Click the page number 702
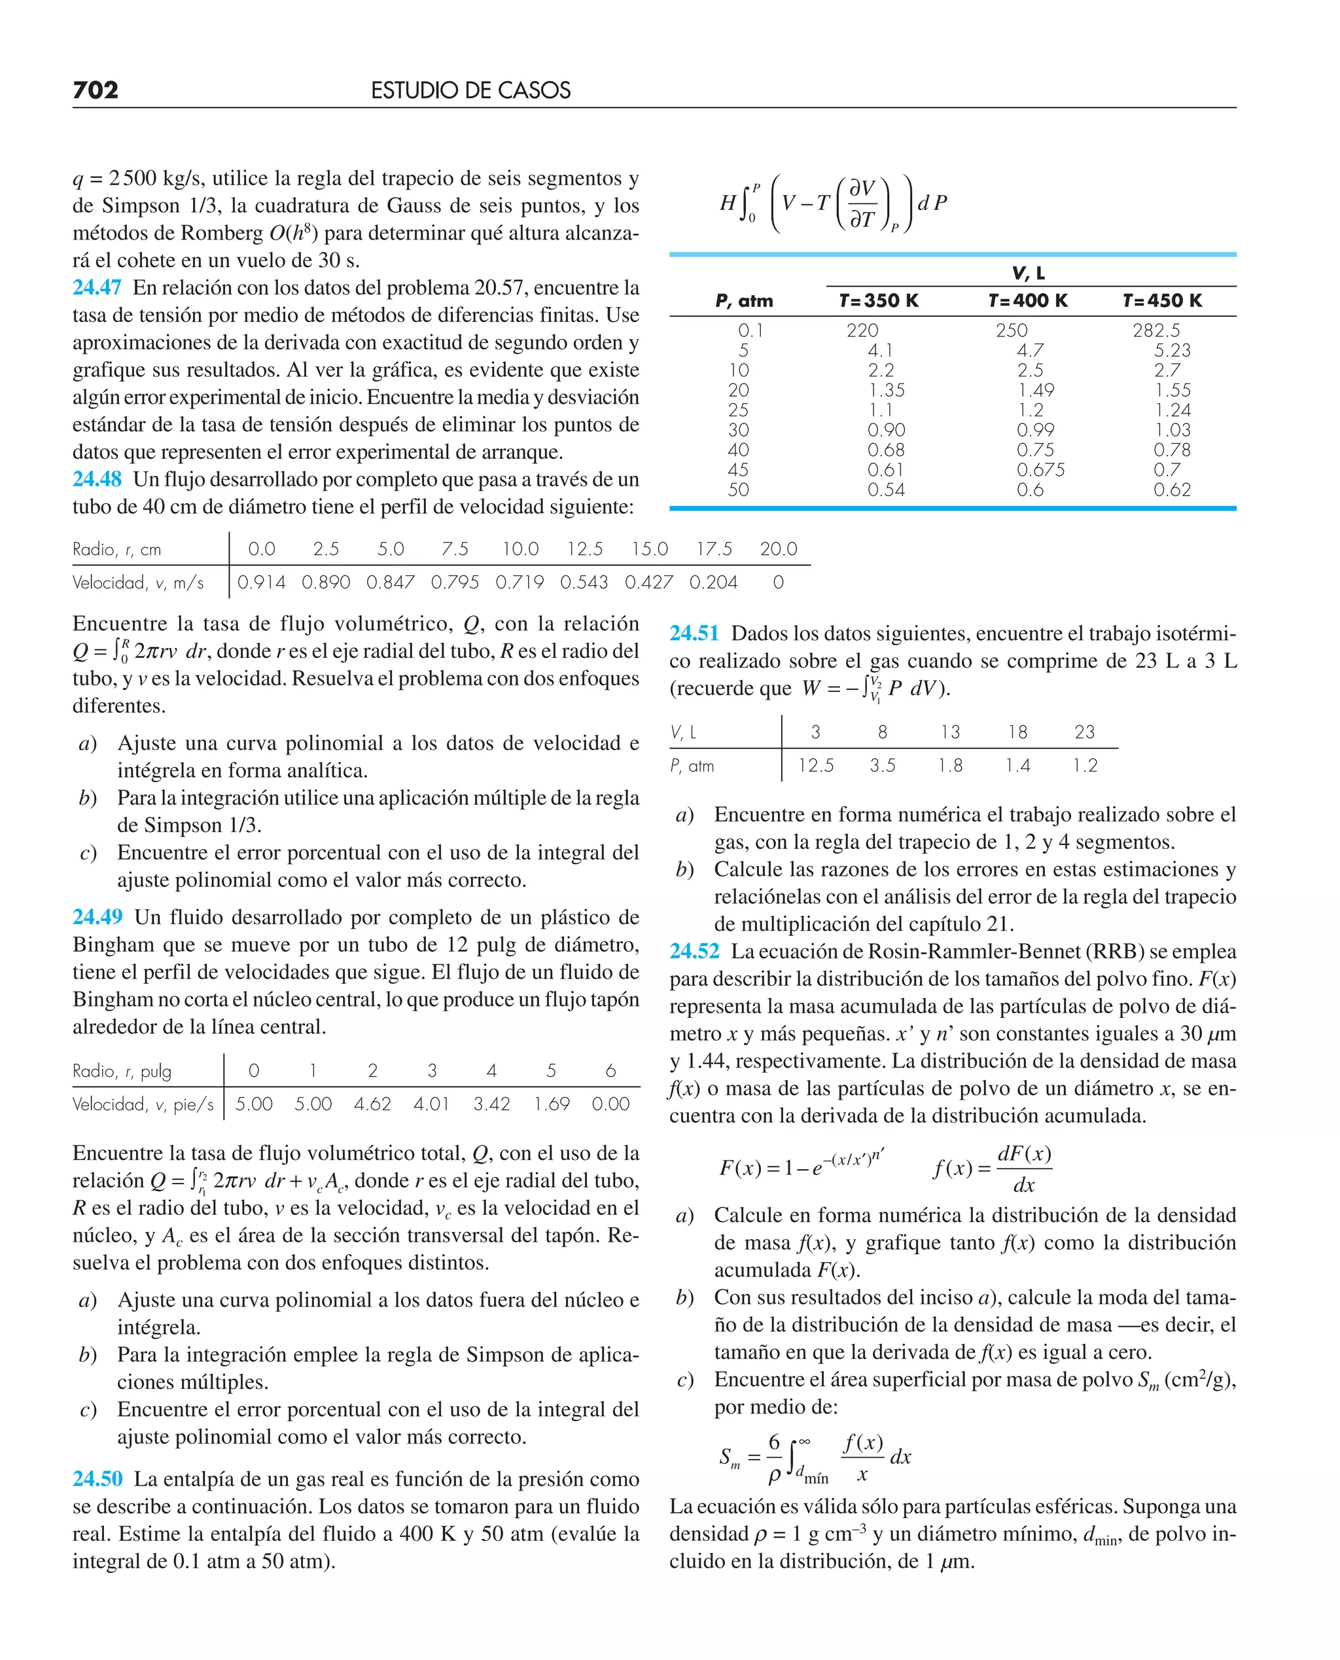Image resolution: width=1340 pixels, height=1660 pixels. (x=95, y=90)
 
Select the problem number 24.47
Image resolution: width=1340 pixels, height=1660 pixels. (x=96, y=287)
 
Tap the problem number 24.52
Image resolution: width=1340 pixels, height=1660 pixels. (x=694, y=951)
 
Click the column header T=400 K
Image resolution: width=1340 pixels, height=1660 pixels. (x=1027, y=300)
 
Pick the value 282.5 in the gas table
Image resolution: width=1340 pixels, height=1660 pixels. (x=1155, y=331)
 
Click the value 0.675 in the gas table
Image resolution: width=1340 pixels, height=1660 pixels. (x=1040, y=469)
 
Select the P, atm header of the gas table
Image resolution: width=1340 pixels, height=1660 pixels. (x=743, y=300)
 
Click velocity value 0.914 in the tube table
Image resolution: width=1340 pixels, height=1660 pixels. (x=261, y=582)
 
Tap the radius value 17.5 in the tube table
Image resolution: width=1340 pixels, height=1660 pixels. (x=713, y=549)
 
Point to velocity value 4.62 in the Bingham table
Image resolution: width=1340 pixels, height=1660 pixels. (x=372, y=1104)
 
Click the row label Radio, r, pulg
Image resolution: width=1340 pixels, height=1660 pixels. (x=122, y=1071)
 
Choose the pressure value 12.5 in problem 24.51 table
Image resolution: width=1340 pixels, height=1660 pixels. (x=815, y=765)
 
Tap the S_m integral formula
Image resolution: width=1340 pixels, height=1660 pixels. (x=815, y=1457)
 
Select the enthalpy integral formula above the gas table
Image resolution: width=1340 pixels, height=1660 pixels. (x=833, y=204)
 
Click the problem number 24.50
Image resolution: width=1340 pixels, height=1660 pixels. (x=97, y=1479)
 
